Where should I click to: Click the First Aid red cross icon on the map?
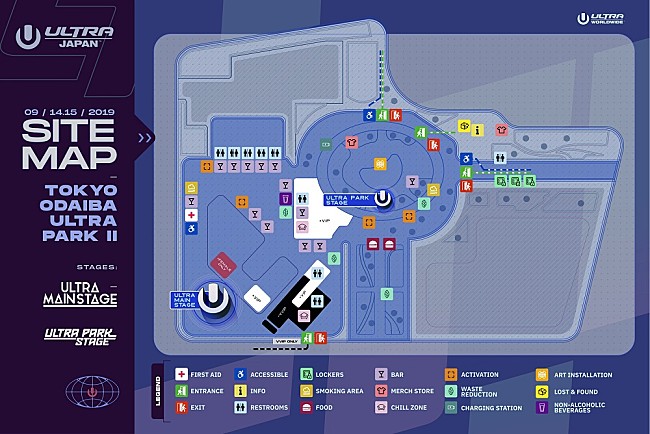click(191, 215)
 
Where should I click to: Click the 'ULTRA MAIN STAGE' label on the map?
click(184, 299)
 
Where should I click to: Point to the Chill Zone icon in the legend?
click(382, 408)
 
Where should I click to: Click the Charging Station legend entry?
click(451, 408)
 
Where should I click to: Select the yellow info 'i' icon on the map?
click(478, 128)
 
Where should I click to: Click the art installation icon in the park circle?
click(380, 163)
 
